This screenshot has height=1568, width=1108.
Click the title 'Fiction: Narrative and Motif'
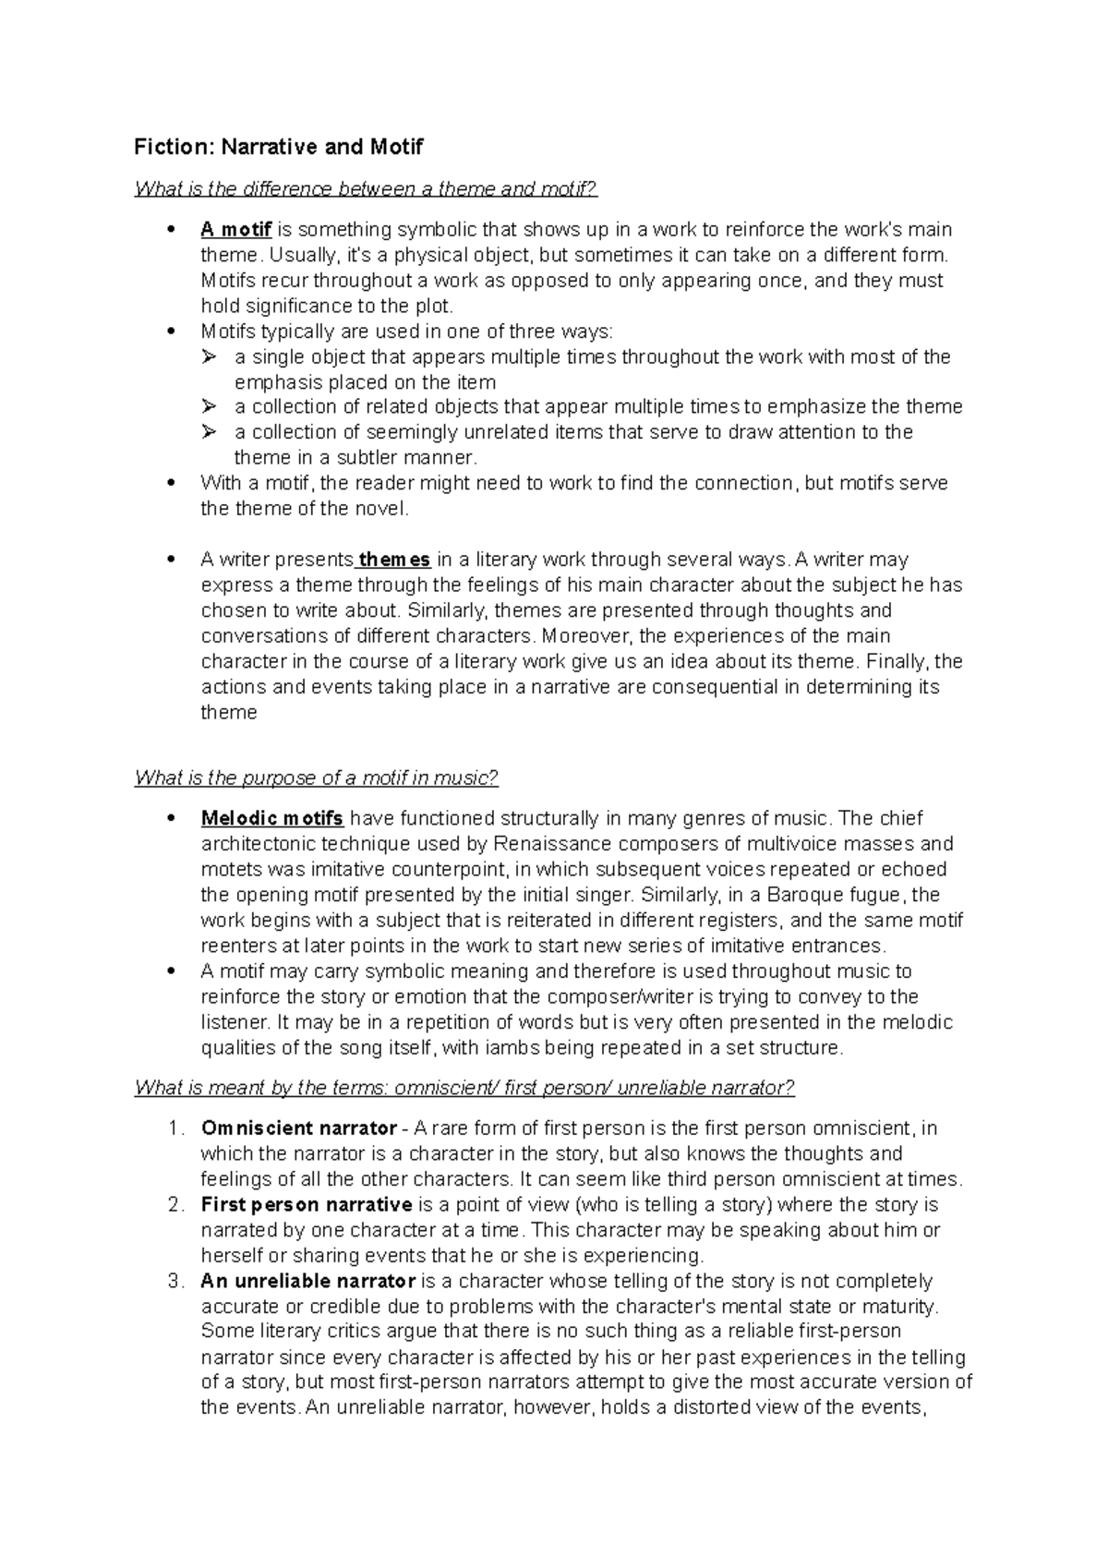pos(278,147)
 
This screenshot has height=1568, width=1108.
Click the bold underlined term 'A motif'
pos(235,229)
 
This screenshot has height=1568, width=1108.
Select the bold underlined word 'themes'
pos(394,560)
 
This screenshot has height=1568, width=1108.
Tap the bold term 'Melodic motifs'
pos(272,818)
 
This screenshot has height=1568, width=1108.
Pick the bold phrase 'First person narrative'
pos(306,1205)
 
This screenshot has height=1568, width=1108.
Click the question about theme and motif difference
pos(366,189)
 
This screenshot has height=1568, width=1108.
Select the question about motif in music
pos(316,778)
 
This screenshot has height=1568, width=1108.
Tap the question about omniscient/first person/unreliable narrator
pos(464,1088)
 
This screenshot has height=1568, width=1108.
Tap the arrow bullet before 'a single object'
pos(210,357)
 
